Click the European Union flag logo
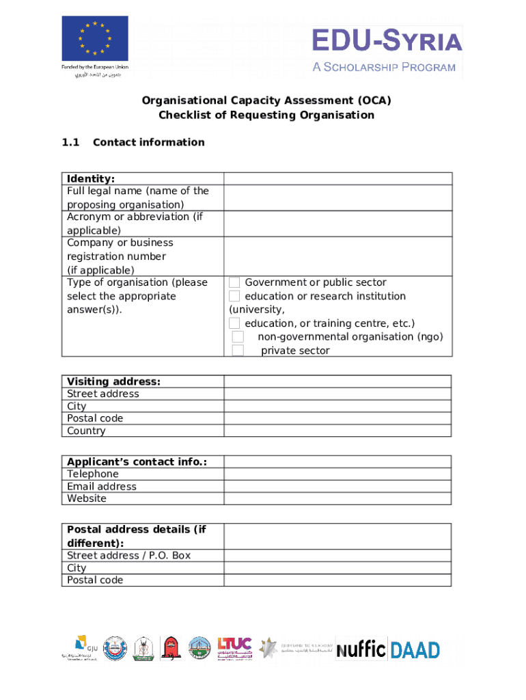pos(95,38)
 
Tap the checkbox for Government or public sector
pos(234,282)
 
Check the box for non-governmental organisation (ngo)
pos(238,337)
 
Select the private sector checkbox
pos(238,351)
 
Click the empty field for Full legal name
pos(337,198)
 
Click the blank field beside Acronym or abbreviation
pos(337,224)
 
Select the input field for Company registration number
pos(337,256)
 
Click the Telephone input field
pos(337,474)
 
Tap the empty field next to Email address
pos(337,487)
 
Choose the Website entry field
pos(337,499)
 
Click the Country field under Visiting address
pos(337,431)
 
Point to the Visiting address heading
pos(113,381)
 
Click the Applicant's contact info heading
pos(137,462)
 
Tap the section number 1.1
pos(71,142)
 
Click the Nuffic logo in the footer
pos(361,649)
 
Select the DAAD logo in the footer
pos(415,649)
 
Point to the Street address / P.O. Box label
pos(128,556)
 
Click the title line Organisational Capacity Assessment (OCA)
pos(266,101)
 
